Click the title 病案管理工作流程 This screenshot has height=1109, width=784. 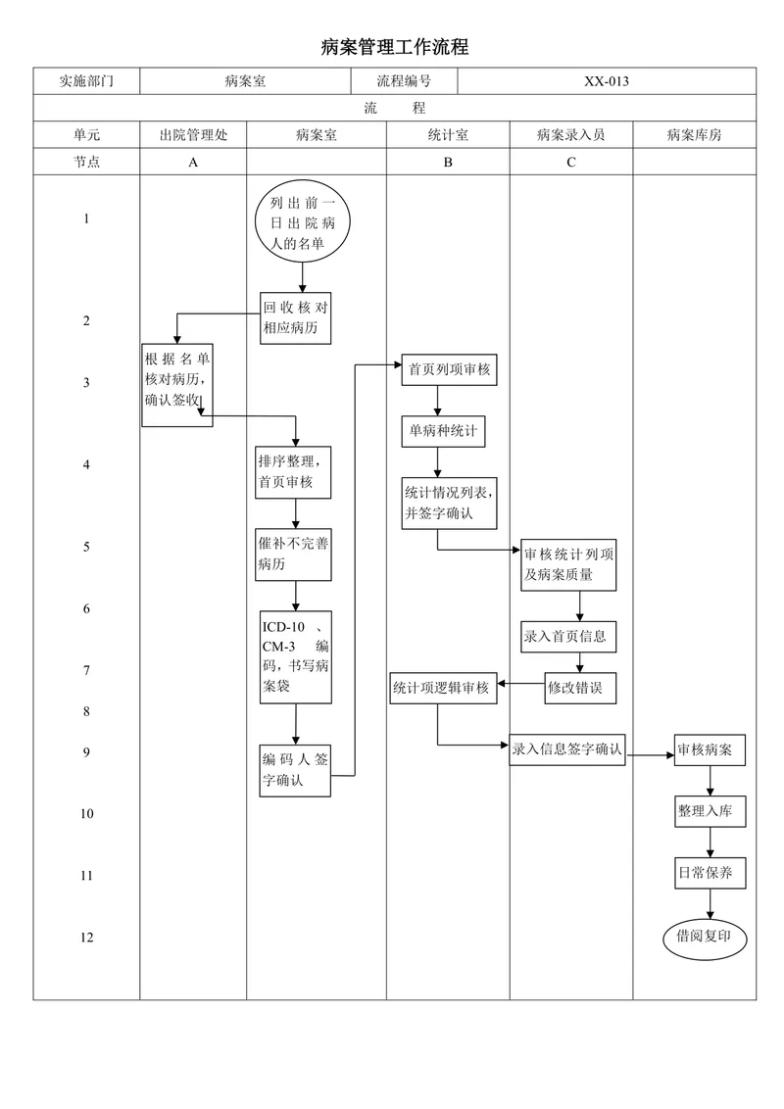click(394, 47)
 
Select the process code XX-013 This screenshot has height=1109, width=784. click(607, 81)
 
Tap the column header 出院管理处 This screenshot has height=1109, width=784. click(193, 135)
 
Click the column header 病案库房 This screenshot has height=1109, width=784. click(694, 135)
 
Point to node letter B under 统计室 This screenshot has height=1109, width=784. click(448, 162)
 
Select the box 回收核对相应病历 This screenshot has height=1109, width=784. click(295, 318)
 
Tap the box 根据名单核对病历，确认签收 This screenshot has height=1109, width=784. click(177, 385)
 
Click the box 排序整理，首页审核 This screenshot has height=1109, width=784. click(293, 472)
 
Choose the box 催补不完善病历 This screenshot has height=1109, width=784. click(293, 554)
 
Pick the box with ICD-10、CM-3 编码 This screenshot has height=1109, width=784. click(295, 657)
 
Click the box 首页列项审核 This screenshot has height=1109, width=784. click(449, 370)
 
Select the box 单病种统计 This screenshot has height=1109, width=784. click(444, 431)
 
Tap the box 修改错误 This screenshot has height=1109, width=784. click(580, 688)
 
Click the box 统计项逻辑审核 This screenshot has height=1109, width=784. click(443, 688)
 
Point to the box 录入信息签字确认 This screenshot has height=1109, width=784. click(567, 749)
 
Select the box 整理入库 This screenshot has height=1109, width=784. click(710, 811)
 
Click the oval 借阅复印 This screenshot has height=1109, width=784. click(705, 937)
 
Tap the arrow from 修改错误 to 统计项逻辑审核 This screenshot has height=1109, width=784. click(520, 684)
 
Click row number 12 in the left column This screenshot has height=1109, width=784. click(86, 938)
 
